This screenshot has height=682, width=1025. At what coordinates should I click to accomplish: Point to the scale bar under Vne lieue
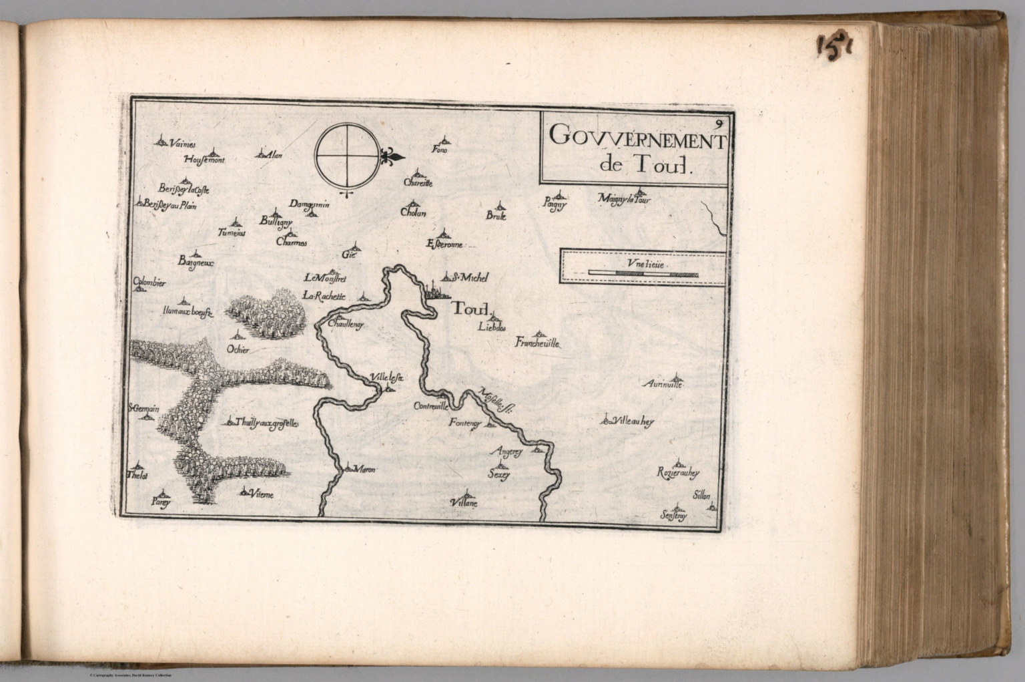(642, 274)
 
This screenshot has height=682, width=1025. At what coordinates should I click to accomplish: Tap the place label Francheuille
(537, 344)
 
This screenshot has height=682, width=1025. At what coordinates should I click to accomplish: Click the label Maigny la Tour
(625, 199)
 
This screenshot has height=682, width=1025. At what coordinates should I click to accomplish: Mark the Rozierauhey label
(677, 474)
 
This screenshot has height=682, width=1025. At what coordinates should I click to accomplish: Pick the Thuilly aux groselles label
(267, 423)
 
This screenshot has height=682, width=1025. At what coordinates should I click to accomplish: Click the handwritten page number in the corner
(834, 46)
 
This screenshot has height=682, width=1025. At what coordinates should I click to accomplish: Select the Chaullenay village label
(346, 324)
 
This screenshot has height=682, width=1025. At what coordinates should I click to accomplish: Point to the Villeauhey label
(633, 421)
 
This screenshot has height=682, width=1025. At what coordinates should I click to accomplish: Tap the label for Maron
(364, 470)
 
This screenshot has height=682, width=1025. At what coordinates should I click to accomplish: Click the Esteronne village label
(444, 245)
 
